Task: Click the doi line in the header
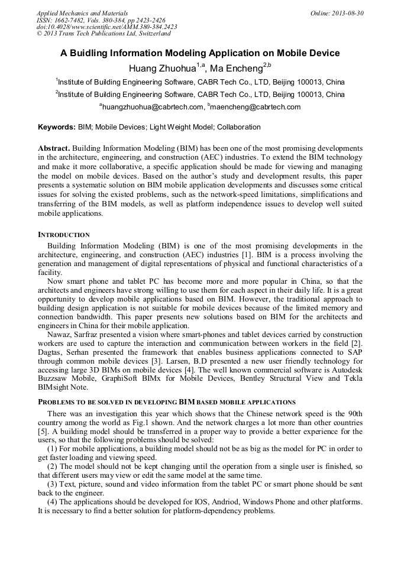[x=106, y=27]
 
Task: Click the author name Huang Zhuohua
[x=162, y=68]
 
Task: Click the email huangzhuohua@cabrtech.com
[x=153, y=107]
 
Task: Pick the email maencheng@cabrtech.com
[x=256, y=107]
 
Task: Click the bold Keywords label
[x=57, y=127]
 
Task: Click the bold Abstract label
[x=54, y=148]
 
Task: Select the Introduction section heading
[x=64, y=235]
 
